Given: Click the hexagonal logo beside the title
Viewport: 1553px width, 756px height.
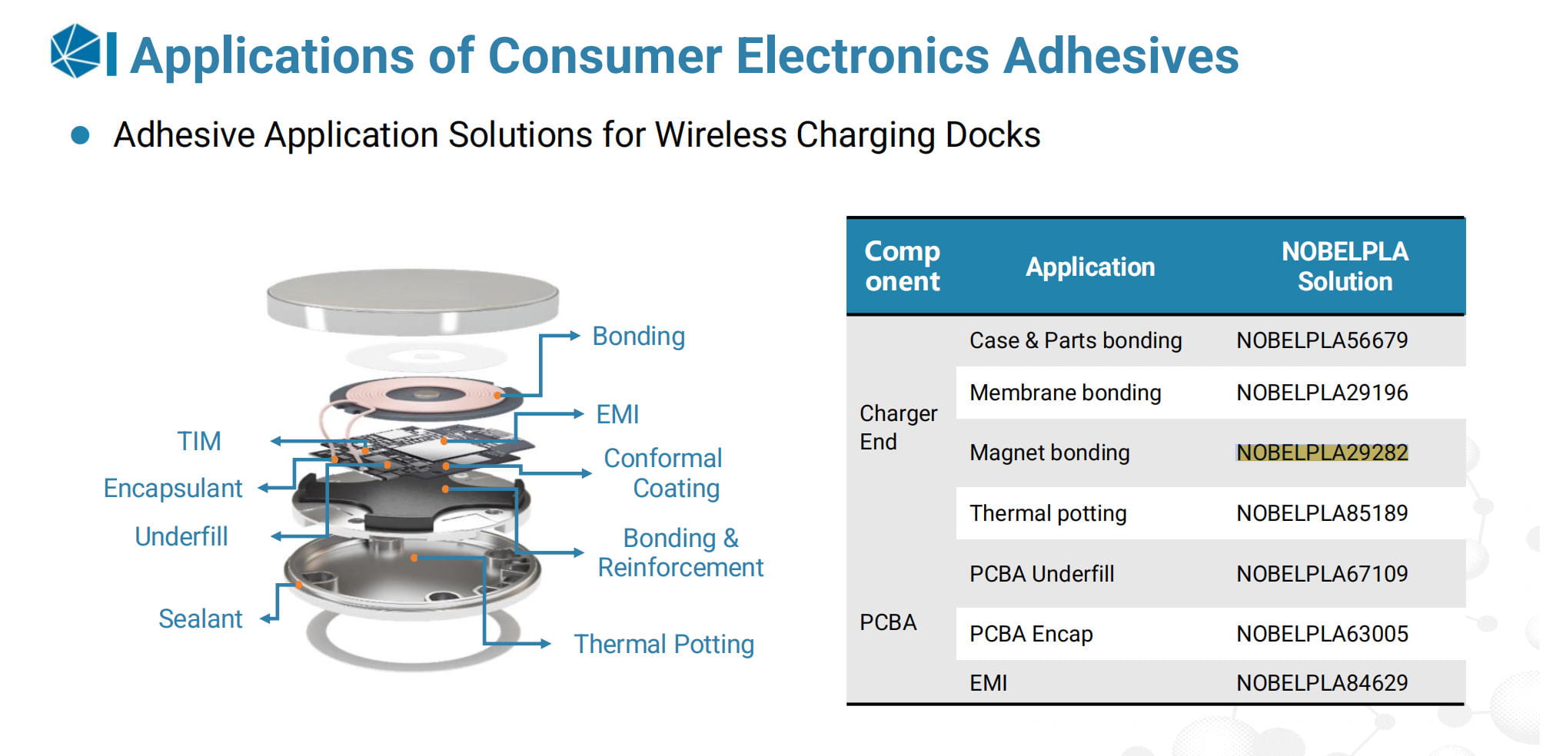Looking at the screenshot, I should pos(75,51).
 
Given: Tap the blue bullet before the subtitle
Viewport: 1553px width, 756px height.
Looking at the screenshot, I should pos(80,136).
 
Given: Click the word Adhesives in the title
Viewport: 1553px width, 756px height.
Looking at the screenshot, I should pos(1122,55).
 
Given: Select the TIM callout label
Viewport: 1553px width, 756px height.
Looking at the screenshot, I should pos(199,441).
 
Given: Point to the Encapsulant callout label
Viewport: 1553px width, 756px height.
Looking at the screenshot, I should pos(173,488).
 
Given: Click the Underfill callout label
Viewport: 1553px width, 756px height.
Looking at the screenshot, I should pos(181,536).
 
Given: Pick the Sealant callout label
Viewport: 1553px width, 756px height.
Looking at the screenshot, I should pos(200,618).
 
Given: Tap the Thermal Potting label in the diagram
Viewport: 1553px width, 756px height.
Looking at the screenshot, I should pos(663,644).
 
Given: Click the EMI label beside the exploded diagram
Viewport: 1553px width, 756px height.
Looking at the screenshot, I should pos(617,414).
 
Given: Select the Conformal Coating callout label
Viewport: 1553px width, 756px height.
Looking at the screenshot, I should pos(663,472).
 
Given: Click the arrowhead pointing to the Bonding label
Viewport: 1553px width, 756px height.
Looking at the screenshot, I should pos(574,336).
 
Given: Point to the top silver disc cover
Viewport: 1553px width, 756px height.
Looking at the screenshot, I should pos(413,300).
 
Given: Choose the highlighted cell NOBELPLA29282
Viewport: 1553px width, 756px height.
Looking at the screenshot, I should pos(1322,453).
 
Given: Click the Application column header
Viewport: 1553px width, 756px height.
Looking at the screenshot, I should pos(1090,267).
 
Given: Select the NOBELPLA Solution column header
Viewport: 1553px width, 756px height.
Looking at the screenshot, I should pos(1345,267).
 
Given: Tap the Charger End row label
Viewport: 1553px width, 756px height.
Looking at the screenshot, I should pos(898,427).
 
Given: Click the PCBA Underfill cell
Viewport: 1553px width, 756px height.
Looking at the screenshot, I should pos(1041,574).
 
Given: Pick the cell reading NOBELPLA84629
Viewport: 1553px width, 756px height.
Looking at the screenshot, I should pos(1322,683).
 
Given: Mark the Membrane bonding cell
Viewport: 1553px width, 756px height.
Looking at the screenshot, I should pos(1065,393).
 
